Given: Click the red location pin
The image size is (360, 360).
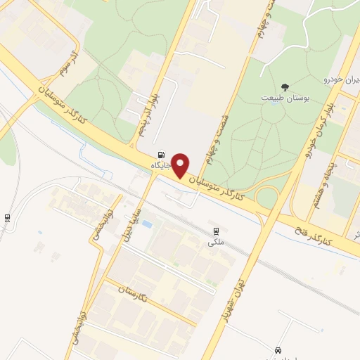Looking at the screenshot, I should (x=181, y=165).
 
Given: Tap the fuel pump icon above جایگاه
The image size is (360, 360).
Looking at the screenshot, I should (x=163, y=155).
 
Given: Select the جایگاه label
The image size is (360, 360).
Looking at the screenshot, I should (x=162, y=165).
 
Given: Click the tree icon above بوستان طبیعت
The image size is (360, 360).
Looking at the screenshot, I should (x=285, y=85).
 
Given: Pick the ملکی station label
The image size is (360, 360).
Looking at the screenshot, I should (x=215, y=242).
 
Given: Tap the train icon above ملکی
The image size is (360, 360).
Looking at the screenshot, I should (x=216, y=231).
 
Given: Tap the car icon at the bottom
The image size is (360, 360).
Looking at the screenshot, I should (x=278, y=349).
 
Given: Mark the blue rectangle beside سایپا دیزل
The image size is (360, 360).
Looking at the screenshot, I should (x=147, y=224).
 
